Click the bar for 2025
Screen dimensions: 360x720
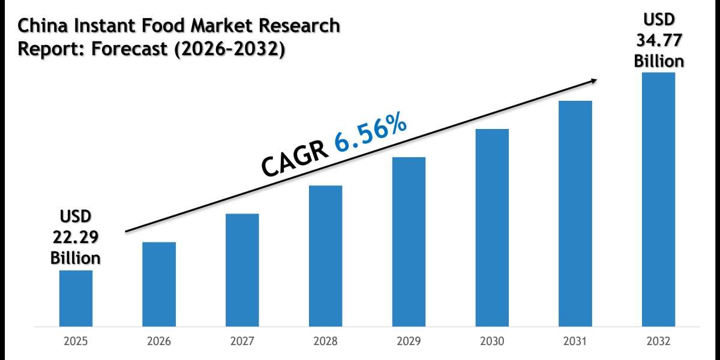[x=76, y=298]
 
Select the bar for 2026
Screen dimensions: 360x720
[x=159, y=284]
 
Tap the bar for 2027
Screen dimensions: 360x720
[x=242, y=270]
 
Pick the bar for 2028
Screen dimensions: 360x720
[x=325, y=256]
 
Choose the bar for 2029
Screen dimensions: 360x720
[x=409, y=242]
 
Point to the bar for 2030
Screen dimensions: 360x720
[x=492, y=228]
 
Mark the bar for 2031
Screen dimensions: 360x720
[x=575, y=214]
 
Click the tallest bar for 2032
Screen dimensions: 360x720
[x=658, y=200]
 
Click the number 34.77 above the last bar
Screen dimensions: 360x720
[x=659, y=41]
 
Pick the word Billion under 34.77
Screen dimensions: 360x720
[x=659, y=61]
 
